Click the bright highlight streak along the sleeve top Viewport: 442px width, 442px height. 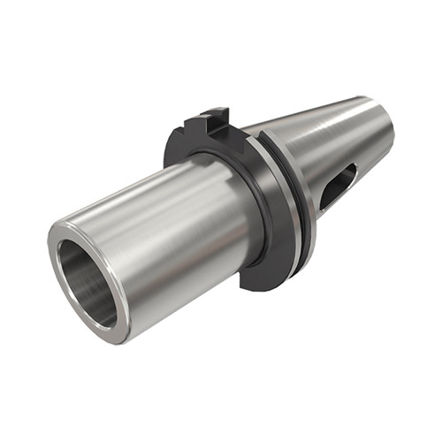[150, 190]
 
